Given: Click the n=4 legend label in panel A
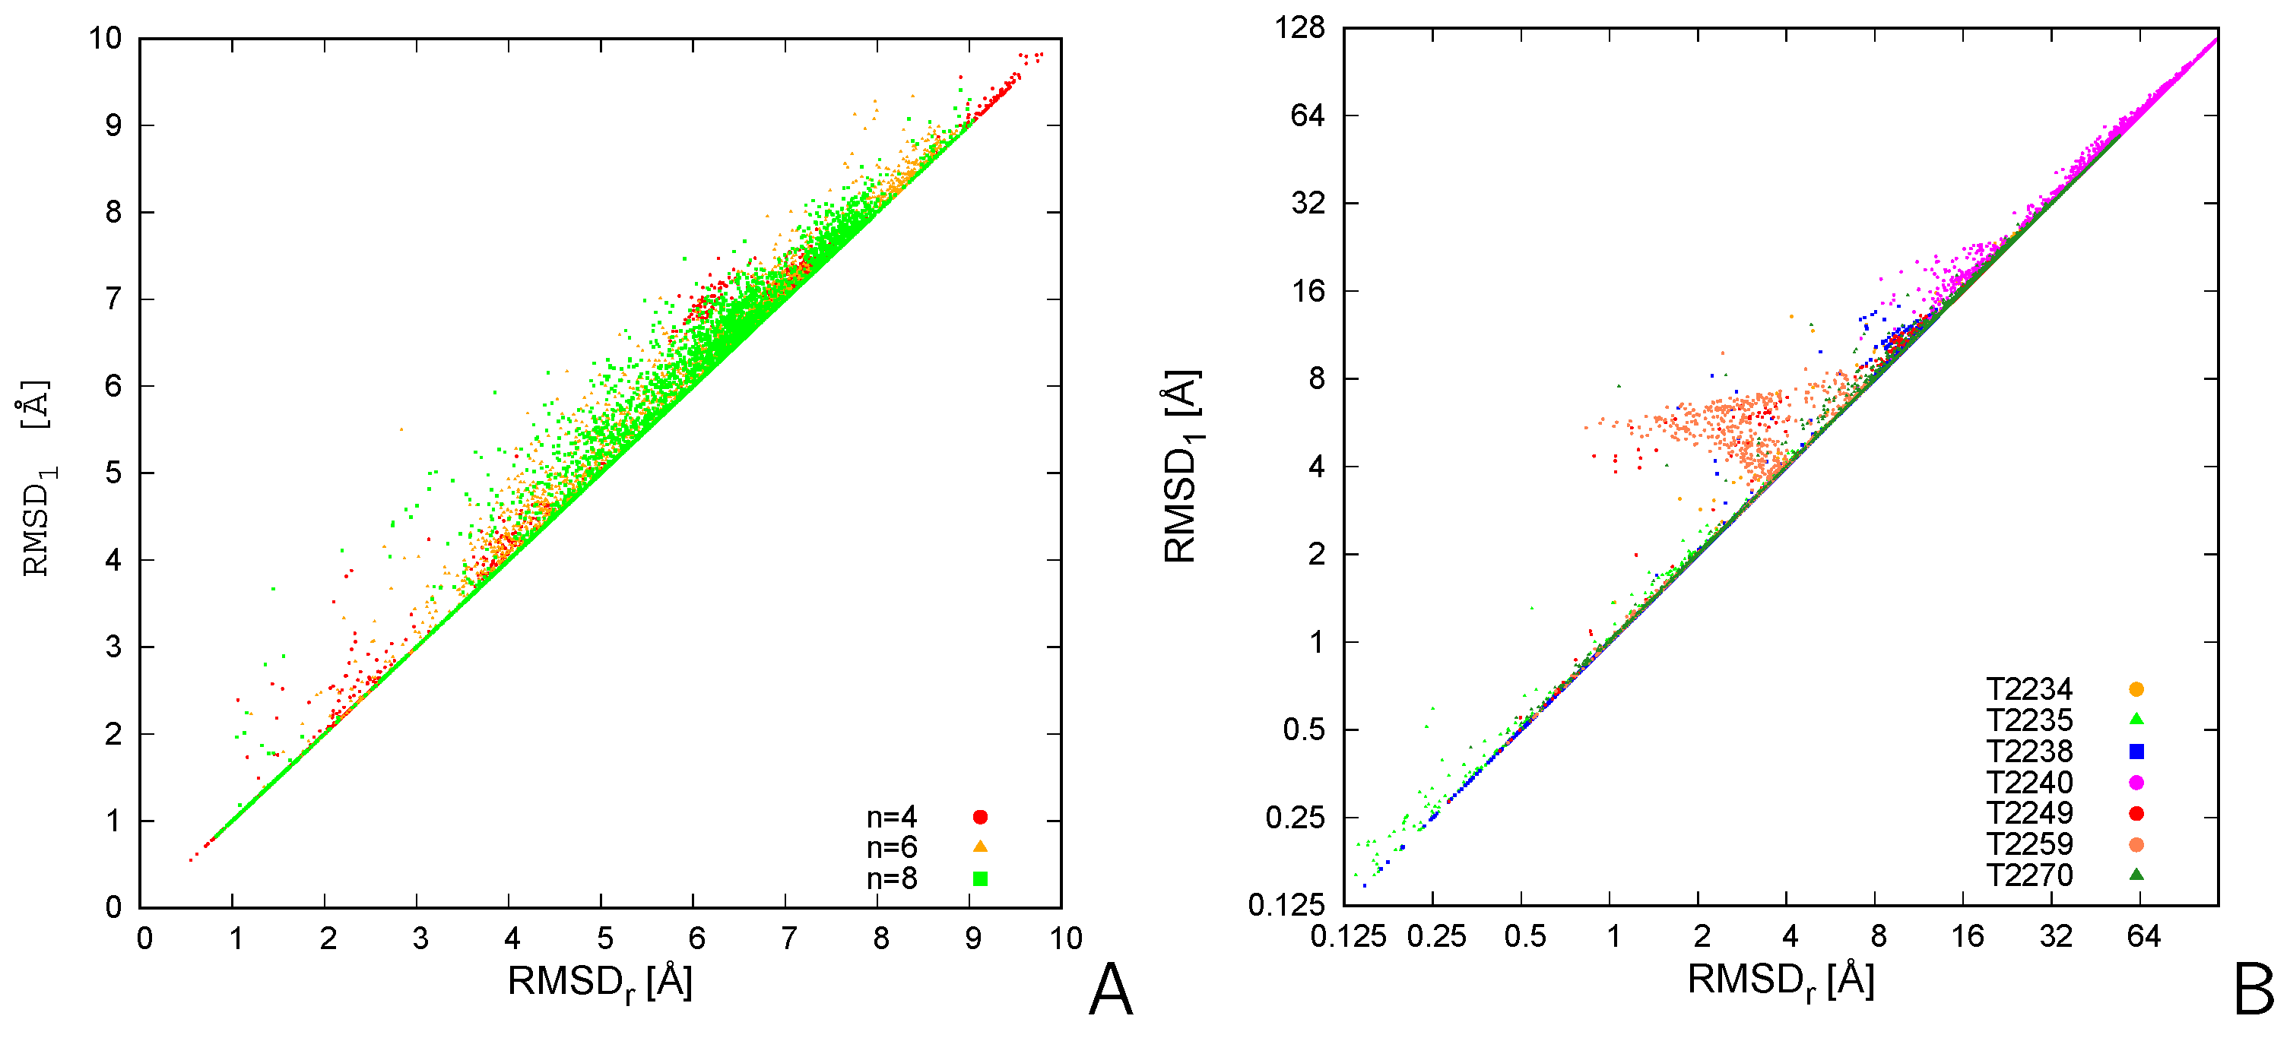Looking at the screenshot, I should pyautogui.click(x=891, y=817).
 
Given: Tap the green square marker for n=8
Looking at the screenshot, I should pyautogui.click(x=980, y=879).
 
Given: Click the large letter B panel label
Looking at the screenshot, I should pyautogui.click(x=2254, y=990).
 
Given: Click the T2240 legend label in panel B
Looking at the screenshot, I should pyautogui.click(x=2028, y=783).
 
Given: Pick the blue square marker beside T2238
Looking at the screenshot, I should pyautogui.click(x=2136, y=752).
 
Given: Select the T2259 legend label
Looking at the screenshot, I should pyautogui.click(x=2028, y=844).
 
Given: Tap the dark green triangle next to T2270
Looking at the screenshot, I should pyautogui.click(x=2136, y=875).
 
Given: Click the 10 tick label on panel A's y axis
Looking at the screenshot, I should pyautogui.click(x=105, y=38).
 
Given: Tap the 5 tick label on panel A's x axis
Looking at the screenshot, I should pyautogui.click(x=604, y=938).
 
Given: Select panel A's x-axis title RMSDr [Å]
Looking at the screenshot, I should pyautogui.click(x=600, y=983).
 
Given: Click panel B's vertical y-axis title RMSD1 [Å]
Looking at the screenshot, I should pyautogui.click(x=1181, y=466).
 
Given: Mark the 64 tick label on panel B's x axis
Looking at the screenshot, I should pyautogui.click(x=2143, y=936).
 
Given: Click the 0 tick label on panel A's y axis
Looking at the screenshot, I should pyautogui.click(x=113, y=907).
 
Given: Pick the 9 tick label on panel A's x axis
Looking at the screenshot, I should pyautogui.click(x=973, y=938).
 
